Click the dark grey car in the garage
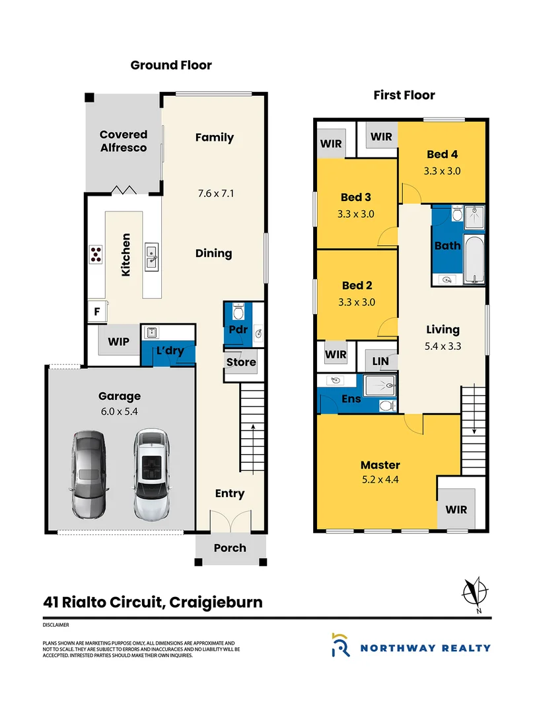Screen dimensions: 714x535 (88, 474)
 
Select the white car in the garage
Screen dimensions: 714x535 (150, 474)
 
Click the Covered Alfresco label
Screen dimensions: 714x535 (124, 141)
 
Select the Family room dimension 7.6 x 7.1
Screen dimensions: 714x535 (215, 194)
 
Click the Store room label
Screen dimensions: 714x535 (241, 362)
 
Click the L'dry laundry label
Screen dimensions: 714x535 (170, 352)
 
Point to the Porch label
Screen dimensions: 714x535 (230, 547)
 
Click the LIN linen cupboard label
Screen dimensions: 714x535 (381, 360)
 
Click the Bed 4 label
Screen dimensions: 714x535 (442, 154)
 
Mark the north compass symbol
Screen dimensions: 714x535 (475, 590)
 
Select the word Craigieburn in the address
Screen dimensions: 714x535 (216, 602)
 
